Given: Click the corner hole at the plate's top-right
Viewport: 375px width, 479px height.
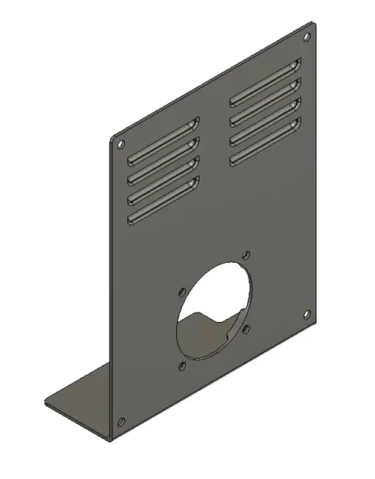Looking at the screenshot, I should point(307,37).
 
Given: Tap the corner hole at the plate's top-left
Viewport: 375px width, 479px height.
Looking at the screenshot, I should point(120,143).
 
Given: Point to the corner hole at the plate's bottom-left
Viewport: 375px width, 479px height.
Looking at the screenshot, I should point(121,421).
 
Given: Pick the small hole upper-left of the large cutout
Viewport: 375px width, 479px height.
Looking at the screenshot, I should point(181,291).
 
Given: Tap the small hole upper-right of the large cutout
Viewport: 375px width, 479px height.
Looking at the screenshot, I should point(245,254).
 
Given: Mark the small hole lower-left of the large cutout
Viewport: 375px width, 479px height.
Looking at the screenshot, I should point(181,365).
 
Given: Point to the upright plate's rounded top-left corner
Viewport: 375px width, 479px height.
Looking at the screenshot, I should point(112,138).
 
